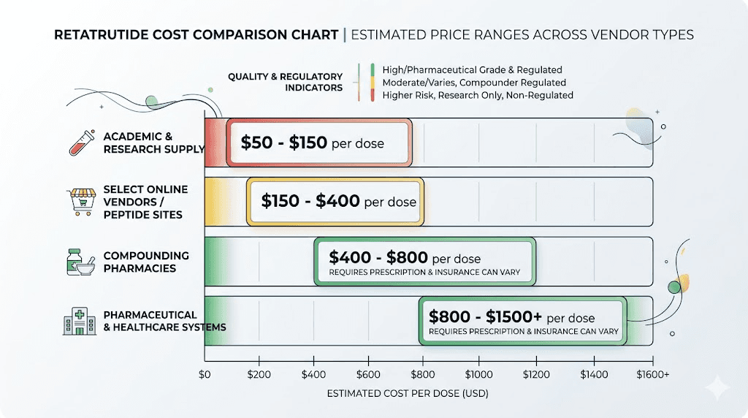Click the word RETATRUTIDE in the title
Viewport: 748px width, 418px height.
point(99,35)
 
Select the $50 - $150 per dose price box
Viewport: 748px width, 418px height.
point(319,142)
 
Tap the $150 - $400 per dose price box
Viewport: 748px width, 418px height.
point(335,201)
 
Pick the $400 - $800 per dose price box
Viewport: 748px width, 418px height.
point(425,262)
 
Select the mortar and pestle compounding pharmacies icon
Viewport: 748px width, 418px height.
point(80,262)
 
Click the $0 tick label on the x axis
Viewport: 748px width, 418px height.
point(205,373)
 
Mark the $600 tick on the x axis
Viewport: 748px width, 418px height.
point(368,373)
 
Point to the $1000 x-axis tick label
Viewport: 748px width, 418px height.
point(478,373)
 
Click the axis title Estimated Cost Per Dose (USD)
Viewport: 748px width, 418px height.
point(407,393)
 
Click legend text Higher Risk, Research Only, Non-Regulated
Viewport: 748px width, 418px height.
point(478,95)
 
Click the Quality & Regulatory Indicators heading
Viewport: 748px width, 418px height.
point(285,82)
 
